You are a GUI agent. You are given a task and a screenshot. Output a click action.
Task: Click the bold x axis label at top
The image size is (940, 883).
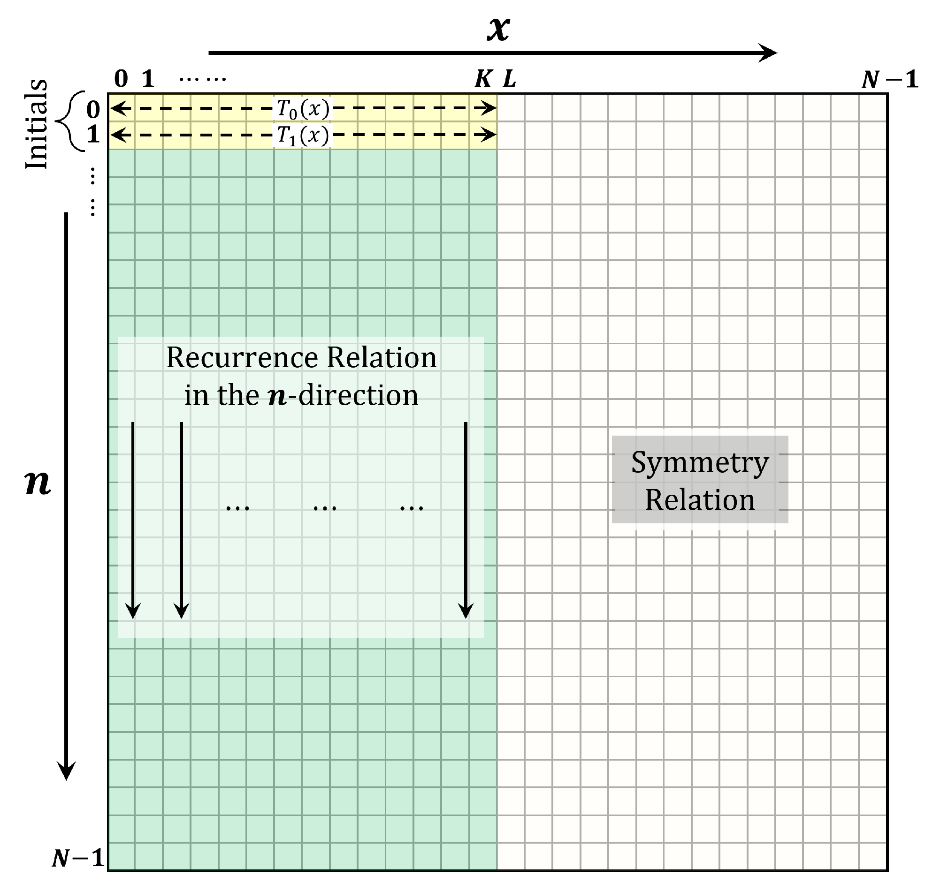tap(498, 29)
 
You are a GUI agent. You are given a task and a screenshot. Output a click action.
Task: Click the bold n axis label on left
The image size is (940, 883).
tap(38, 483)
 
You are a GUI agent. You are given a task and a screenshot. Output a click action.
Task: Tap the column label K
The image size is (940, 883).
tap(483, 79)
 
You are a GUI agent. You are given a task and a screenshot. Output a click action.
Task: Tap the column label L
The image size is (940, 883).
tap(509, 79)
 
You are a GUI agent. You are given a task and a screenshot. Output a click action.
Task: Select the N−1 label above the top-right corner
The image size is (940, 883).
tap(889, 79)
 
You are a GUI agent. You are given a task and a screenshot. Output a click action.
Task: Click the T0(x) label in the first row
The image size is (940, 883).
tap(303, 109)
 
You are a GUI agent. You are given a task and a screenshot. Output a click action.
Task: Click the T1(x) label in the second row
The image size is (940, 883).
tap(303, 136)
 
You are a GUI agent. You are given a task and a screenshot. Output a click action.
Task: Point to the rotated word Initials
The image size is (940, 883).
tap(37, 124)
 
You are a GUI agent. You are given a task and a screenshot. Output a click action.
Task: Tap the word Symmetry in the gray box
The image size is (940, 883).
tap(700, 463)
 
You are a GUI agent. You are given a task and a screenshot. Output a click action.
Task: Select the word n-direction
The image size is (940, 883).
tap(343, 396)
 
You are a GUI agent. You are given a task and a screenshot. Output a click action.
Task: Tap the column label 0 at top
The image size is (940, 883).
tap(121, 79)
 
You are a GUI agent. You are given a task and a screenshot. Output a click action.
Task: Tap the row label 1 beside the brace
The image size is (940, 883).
tap(93, 135)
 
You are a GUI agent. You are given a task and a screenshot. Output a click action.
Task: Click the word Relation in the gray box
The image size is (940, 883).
tap(700, 500)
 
